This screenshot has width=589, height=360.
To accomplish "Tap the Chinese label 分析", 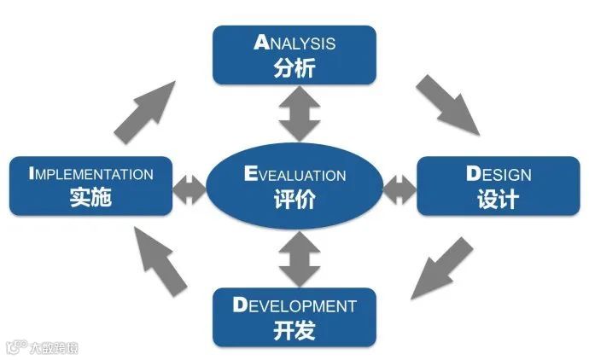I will click(295, 67).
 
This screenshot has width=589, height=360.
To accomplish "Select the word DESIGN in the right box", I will click(499, 175).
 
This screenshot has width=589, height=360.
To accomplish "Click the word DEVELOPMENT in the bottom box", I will click(294, 305).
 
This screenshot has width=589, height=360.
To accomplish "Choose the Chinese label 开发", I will click(295, 329).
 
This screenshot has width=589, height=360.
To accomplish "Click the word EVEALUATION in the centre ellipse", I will click(294, 175).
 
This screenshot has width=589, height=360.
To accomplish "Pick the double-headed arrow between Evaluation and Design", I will click(397, 189).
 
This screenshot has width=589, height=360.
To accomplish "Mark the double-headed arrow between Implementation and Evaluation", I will click(190, 189).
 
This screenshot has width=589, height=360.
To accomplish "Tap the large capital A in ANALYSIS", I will click(261, 43).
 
